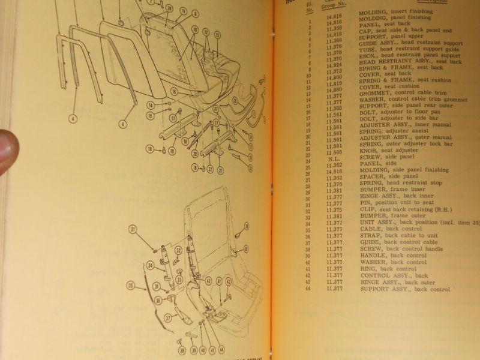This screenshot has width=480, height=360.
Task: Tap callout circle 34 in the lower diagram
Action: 150,265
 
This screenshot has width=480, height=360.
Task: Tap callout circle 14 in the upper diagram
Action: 149,104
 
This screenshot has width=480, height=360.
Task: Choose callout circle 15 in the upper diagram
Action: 149,115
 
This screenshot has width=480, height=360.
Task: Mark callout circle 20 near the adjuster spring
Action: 194,154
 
